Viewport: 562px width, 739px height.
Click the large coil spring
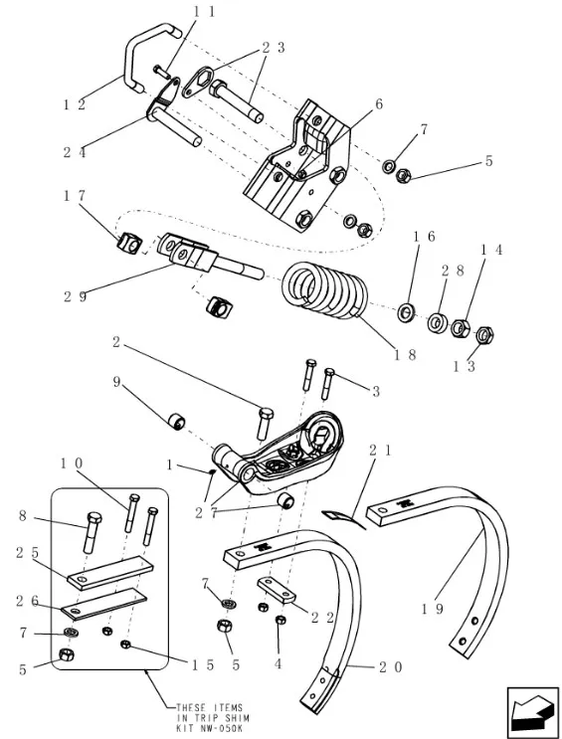coord(325,292)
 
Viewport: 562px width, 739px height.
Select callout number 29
coord(76,297)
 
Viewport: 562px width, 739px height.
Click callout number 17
coord(75,195)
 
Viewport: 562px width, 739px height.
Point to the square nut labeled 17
coord(129,244)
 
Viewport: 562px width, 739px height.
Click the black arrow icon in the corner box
coord(532,711)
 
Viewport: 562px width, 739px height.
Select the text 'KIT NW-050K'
coord(210,728)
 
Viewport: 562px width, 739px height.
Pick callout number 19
coord(433,609)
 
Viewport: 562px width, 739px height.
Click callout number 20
coord(390,667)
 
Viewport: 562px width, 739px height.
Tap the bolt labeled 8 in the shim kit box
coord(93,532)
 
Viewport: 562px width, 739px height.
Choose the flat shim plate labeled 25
coord(110,573)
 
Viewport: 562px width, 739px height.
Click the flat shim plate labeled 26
coord(104,604)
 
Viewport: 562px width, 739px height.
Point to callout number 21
coord(380,451)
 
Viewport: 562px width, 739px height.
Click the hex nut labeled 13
coord(484,335)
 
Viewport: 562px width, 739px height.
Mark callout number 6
coord(379,104)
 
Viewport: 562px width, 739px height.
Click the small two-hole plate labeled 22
coord(276,589)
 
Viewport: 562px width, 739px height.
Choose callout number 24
coord(75,152)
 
